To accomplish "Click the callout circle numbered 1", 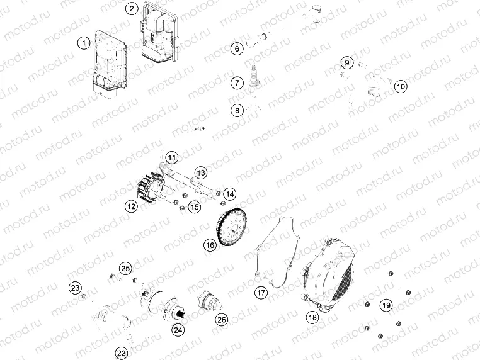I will coord(83,43).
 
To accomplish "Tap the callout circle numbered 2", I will coord(131,8).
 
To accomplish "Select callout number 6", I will coord(237,48).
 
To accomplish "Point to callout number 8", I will coord(237,111).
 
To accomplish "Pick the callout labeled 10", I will coord(401,87).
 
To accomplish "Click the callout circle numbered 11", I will coord(172,157).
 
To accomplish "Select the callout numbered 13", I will coord(200,172).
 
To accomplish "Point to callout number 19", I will coord(387,306).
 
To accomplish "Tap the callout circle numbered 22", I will coord(122,352).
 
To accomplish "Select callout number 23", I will coord(76,288).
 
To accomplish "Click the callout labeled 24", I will coord(179,329).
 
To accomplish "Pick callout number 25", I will coord(126,269).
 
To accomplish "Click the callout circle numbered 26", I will coord(221,320).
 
